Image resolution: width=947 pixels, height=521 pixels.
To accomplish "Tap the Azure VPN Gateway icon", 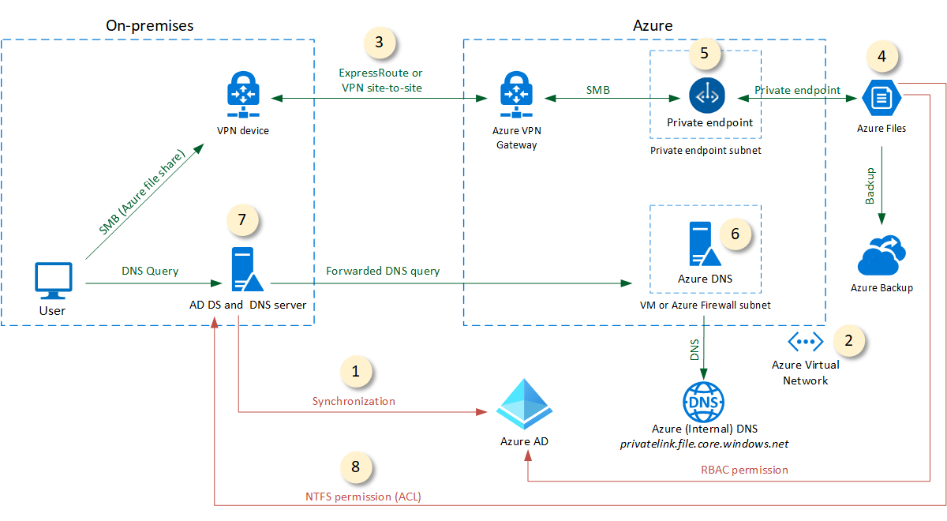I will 516,94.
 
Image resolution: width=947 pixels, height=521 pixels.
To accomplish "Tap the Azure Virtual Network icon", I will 806,342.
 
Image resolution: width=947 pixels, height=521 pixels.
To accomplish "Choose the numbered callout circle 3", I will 380,43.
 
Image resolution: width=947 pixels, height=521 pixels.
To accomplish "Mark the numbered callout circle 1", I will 355,371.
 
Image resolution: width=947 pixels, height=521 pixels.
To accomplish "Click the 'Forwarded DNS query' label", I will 383,271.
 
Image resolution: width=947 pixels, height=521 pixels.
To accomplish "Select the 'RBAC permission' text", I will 745,470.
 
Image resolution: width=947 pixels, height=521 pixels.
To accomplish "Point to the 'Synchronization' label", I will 354,401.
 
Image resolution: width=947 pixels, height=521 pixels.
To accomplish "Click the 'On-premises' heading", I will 150,25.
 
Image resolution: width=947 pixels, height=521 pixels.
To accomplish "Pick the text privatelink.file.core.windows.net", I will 704,444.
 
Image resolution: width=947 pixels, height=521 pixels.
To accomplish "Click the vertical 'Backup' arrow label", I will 870,186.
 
